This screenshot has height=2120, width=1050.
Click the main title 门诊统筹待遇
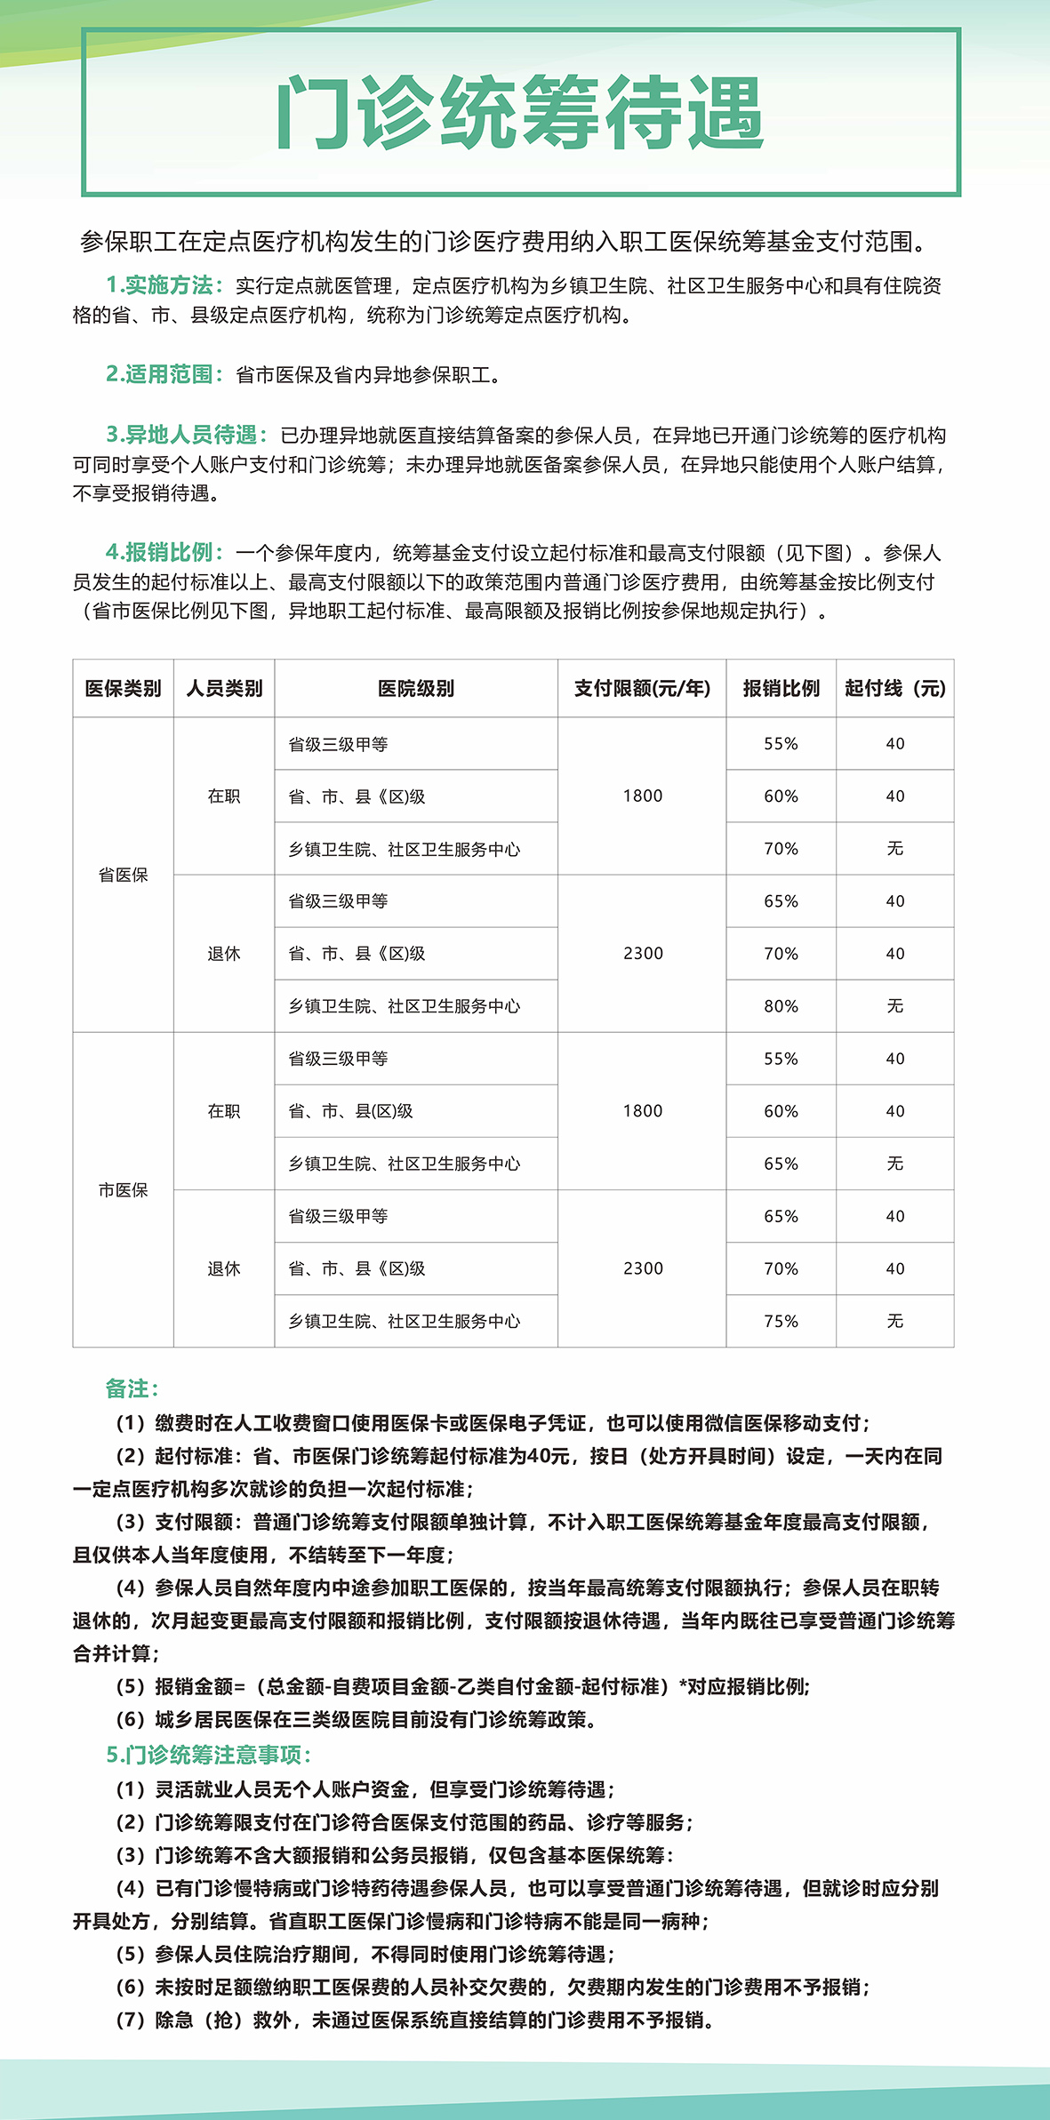(x=520, y=113)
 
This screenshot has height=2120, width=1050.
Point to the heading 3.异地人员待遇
(x=186, y=435)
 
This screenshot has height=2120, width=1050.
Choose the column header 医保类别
(x=123, y=688)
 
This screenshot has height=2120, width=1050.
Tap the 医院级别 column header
(x=415, y=688)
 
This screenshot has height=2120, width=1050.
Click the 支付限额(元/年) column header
(x=642, y=688)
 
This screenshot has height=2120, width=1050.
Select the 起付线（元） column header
(x=894, y=688)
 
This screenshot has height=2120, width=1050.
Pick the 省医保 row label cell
(x=123, y=875)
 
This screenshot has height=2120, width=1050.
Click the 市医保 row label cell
(x=123, y=1189)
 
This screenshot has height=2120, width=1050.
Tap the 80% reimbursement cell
(x=781, y=1005)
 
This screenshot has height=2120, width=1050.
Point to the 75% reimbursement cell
(x=781, y=1321)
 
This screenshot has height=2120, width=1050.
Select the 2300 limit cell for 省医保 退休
(x=642, y=953)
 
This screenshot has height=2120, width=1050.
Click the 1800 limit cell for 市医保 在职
(x=642, y=1110)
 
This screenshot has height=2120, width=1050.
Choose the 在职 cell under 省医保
(x=223, y=796)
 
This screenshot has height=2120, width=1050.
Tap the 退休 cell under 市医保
(x=223, y=1268)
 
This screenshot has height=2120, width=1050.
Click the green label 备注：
(x=132, y=1388)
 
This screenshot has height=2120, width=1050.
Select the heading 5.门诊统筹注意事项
(x=208, y=1755)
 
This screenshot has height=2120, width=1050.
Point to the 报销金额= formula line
(x=462, y=1686)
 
